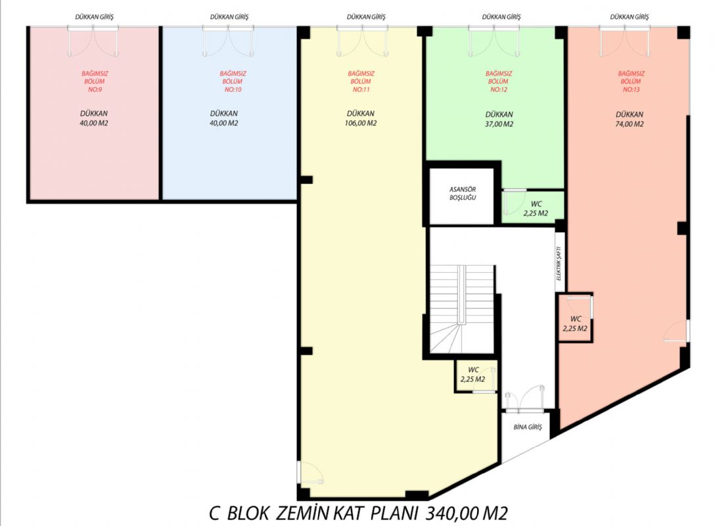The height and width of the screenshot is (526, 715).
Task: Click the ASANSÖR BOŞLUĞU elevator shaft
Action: click(462, 196)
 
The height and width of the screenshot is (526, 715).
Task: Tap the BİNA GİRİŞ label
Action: click(528, 427)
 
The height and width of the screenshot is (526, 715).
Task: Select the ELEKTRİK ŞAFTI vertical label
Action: click(559, 263)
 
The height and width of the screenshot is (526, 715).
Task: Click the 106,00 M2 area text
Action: click(361, 123)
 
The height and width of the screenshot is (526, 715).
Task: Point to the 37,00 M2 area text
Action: click(499, 124)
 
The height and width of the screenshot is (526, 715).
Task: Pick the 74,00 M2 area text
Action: click(630, 124)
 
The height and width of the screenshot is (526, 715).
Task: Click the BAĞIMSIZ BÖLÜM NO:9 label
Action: click(95, 82)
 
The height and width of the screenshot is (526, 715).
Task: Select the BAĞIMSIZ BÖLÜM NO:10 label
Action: click(233, 82)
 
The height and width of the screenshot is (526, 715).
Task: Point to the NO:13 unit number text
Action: click(632, 90)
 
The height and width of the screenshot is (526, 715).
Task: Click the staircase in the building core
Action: click(462, 309)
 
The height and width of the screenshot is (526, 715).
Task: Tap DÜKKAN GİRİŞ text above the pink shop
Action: click(95, 17)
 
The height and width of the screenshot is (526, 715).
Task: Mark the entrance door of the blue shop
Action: click(229, 41)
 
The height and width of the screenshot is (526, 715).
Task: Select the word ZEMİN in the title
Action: click(302, 514)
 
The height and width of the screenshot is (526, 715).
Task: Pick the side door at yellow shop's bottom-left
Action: click(310, 473)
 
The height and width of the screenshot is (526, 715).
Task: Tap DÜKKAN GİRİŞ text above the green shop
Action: click(501, 17)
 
